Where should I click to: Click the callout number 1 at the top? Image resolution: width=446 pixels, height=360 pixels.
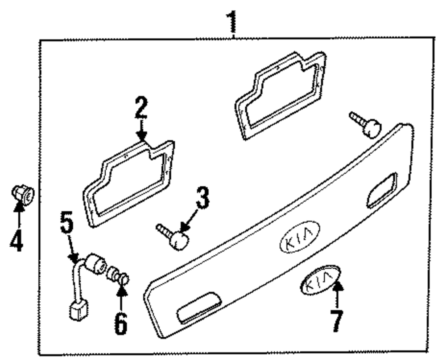tap(232, 20)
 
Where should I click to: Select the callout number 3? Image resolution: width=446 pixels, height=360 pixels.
tap(202, 199)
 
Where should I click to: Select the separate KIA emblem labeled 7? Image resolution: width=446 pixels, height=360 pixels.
tap(319, 281)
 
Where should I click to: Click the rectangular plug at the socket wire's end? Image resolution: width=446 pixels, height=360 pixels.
tap(78, 310)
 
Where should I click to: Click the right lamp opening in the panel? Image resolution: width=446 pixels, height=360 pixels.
tap(381, 190)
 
